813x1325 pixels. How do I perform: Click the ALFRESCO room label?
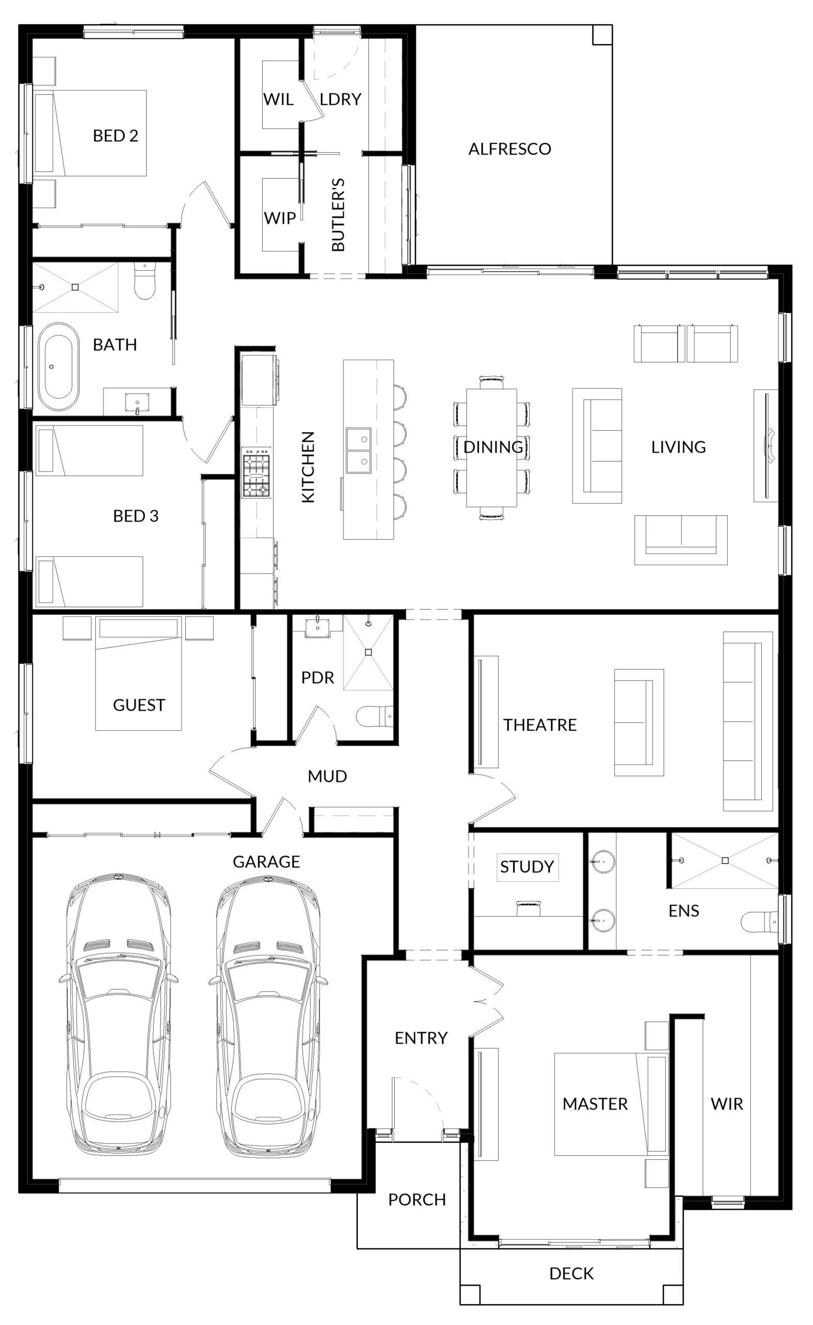coord(510,149)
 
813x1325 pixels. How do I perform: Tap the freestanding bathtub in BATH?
coord(58,367)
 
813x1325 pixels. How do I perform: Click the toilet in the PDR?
coord(375,716)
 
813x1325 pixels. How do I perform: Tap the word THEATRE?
coord(540,725)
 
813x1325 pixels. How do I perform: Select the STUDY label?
coord(527,866)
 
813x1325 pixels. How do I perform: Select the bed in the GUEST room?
coord(139,673)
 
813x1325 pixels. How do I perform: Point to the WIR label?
coord(727,1104)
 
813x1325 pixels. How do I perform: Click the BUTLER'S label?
coord(338,214)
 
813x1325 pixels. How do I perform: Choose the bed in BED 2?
coord(91,133)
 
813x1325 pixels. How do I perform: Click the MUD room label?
coord(327,776)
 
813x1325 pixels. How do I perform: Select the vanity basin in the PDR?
coord(317,627)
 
